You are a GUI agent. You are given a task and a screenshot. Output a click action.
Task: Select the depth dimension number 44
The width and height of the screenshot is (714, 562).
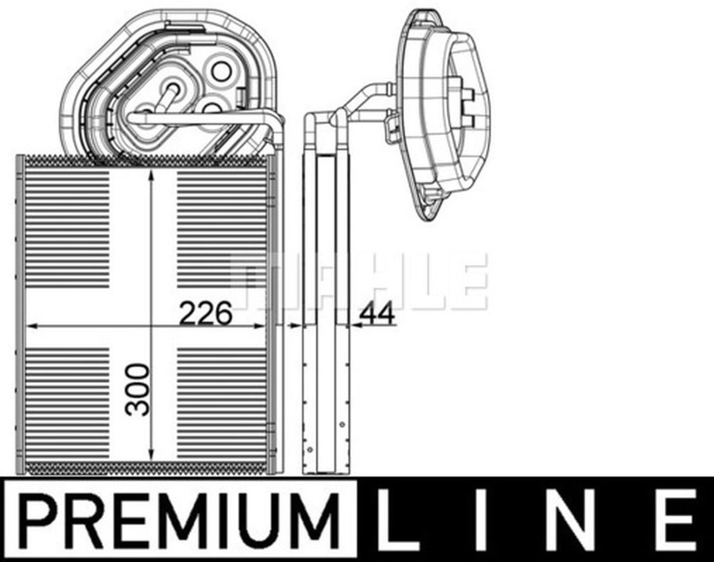click(x=377, y=314)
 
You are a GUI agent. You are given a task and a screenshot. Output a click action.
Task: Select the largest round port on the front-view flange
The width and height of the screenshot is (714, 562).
click(x=221, y=71)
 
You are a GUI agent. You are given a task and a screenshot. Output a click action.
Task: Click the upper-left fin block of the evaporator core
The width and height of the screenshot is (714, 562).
click(x=67, y=229)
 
